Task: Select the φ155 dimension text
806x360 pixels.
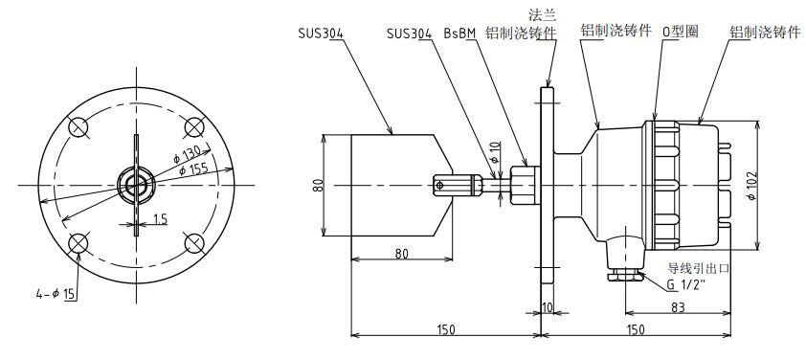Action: [194, 169]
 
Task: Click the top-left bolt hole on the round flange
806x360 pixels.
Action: [79, 126]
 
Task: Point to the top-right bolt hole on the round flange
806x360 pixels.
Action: [194, 126]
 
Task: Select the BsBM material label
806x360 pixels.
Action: [460, 33]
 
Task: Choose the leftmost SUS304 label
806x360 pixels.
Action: [321, 33]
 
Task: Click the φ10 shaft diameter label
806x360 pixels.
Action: [495, 152]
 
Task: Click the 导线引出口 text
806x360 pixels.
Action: [698, 268]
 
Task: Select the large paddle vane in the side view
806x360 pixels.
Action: [392, 184]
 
